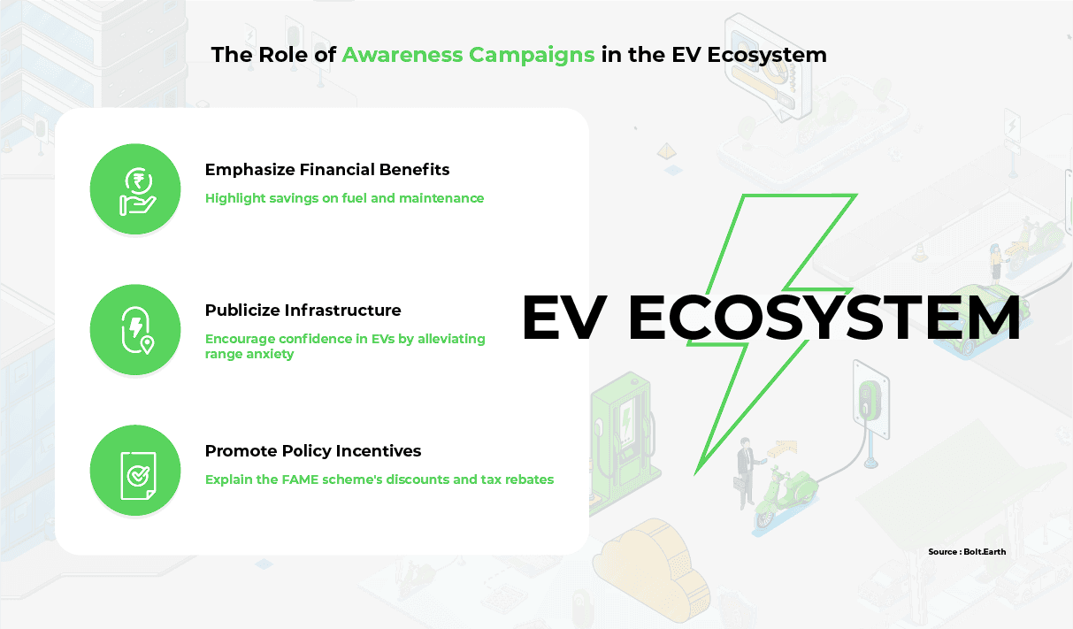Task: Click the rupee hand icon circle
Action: click(x=135, y=188)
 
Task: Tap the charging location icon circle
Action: click(x=135, y=330)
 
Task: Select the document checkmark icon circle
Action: click(x=135, y=471)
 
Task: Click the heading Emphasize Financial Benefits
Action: click(x=327, y=170)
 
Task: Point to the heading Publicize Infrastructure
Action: click(x=303, y=310)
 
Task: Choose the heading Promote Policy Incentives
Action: click(x=313, y=451)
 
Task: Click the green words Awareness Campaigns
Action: click(x=468, y=55)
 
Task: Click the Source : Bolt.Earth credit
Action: click(x=967, y=551)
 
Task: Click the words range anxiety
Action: click(x=249, y=354)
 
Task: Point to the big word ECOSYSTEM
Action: click(x=824, y=318)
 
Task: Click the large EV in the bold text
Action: click(x=563, y=318)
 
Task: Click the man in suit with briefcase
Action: click(x=746, y=472)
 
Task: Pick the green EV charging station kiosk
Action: click(x=622, y=436)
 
